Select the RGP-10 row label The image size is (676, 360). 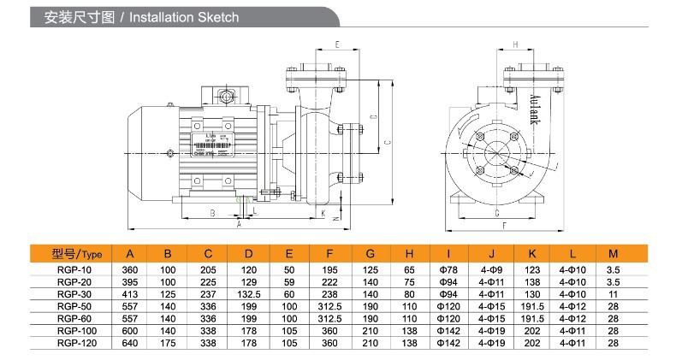(74, 270)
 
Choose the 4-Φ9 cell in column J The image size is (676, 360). (491, 270)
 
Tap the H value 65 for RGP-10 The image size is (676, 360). (409, 270)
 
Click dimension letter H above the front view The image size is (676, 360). (515, 44)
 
